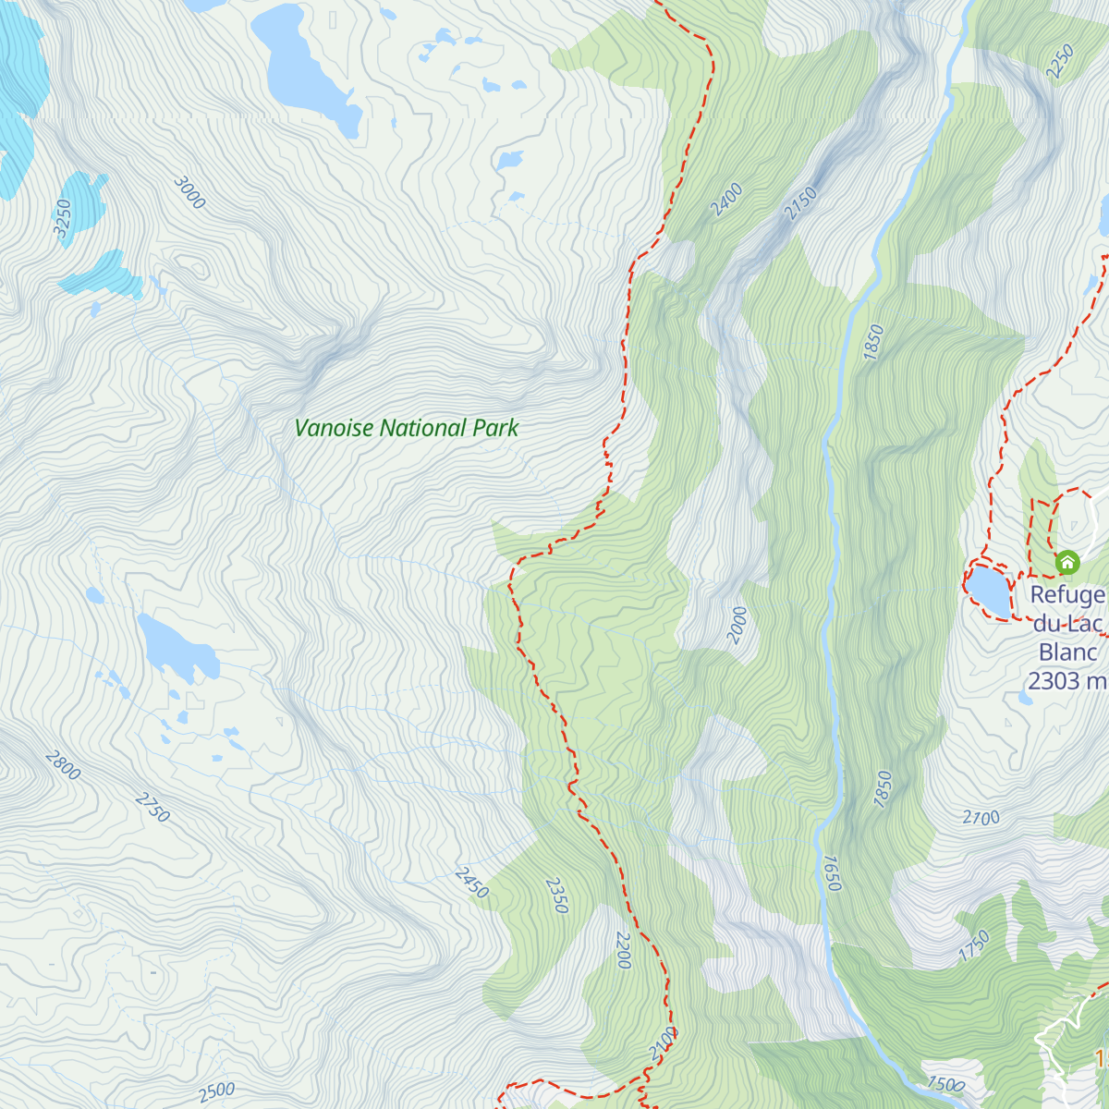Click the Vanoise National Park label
(x=407, y=428)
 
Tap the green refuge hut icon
(x=1067, y=562)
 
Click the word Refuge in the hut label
(x=1067, y=595)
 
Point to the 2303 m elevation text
(x=1066, y=681)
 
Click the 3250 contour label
(x=63, y=219)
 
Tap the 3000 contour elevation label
(x=189, y=192)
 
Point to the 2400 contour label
(x=727, y=200)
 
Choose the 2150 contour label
(x=801, y=203)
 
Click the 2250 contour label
(x=1060, y=61)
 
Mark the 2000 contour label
(x=737, y=625)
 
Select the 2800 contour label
(x=63, y=765)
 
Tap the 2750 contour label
(x=152, y=807)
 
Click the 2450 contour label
(x=471, y=883)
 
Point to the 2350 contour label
(x=556, y=896)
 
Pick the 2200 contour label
(x=623, y=950)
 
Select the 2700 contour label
(x=981, y=818)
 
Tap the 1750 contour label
(x=974, y=946)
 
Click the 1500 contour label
(x=945, y=1085)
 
